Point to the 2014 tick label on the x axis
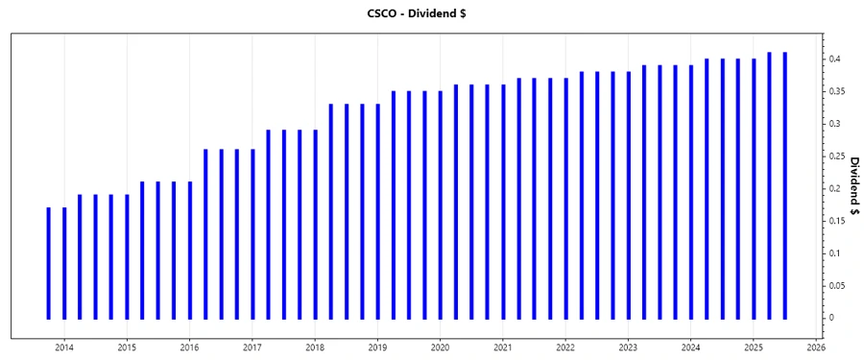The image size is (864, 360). tap(64, 348)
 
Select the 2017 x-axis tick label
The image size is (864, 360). tap(252, 348)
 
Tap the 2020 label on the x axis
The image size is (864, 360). tap(441, 348)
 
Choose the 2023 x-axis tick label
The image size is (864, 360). tap(628, 348)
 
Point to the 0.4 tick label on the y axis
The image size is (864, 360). tap(838, 60)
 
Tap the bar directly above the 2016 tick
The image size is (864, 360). tap(190, 250)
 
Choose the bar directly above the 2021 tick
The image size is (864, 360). tap(503, 202)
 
